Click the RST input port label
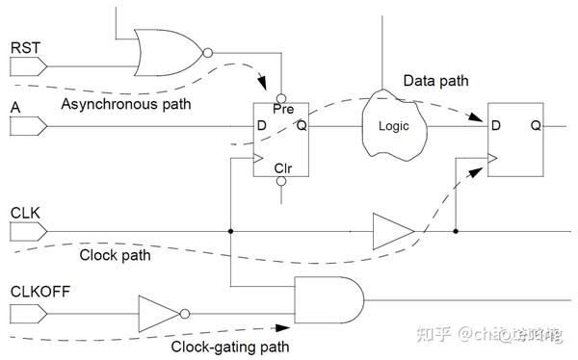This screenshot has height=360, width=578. point(23,46)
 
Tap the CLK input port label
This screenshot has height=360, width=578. point(24,210)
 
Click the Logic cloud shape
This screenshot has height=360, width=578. point(392,125)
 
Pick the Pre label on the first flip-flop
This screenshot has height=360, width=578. point(282,110)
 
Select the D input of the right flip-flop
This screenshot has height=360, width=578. point(496,125)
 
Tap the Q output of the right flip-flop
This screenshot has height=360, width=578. point(535,125)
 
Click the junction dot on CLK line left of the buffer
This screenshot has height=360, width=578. point(231,231)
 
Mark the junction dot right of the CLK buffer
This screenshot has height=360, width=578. point(456,231)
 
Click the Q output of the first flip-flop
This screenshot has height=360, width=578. point(302,125)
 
